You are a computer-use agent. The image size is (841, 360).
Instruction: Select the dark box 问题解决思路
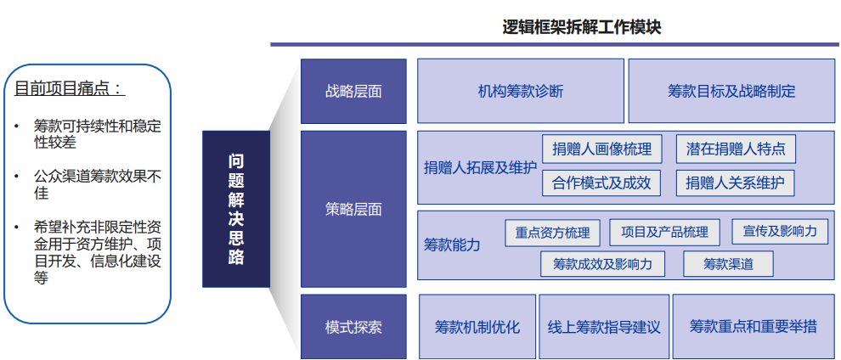tap(236, 209)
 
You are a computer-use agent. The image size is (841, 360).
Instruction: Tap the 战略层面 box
tap(353, 91)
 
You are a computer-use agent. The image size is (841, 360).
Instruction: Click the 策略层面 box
tap(353, 209)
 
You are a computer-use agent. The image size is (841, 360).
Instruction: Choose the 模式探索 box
tap(353, 327)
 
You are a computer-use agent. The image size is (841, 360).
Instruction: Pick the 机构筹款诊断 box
tap(520, 91)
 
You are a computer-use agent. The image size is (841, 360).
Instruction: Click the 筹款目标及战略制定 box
tap(731, 91)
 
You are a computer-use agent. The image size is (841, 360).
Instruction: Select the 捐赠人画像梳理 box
tap(601, 149)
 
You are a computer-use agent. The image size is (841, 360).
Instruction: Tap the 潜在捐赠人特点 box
tap(736, 149)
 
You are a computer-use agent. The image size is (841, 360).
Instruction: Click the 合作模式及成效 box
tap(601, 183)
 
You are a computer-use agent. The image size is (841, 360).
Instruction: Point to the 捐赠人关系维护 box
tap(735, 183)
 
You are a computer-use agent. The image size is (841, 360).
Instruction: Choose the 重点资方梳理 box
tap(552, 233)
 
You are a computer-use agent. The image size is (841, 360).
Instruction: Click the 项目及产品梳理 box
tap(664, 232)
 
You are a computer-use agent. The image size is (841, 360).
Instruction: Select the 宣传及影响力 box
tap(780, 232)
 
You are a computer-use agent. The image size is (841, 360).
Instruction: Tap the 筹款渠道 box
tap(728, 263)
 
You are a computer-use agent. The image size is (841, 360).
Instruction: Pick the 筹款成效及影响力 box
tap(602, 263)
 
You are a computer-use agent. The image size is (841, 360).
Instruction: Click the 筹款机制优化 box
tap(477, 327)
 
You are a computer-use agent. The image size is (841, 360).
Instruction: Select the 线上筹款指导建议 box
tap(604, 327)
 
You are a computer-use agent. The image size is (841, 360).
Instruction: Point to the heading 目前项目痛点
tap(70, 88)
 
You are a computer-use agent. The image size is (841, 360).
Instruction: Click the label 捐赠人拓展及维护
tap(480, 168)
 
